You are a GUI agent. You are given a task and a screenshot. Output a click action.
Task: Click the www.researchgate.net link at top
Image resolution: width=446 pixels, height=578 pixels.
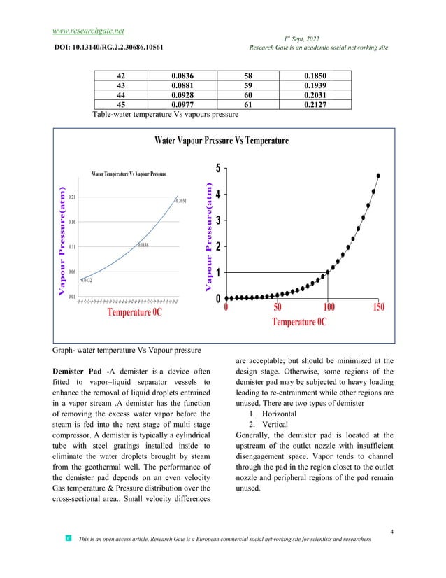point(88,31)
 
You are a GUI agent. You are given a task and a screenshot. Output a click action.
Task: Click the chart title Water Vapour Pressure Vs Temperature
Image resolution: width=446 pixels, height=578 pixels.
point(221,141)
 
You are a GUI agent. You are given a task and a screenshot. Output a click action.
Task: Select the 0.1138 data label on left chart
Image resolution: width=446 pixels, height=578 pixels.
point(143,245)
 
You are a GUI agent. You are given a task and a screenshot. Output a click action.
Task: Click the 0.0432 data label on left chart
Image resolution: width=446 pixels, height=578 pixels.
point(88,280)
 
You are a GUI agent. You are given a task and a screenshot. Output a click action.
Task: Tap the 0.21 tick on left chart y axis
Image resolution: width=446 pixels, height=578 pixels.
point(72,197)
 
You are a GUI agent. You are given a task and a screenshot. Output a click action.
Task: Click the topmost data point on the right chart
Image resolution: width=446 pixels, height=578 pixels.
point(378,176)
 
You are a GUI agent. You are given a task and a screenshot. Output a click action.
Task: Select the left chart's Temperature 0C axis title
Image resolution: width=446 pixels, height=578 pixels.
point(134,312)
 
